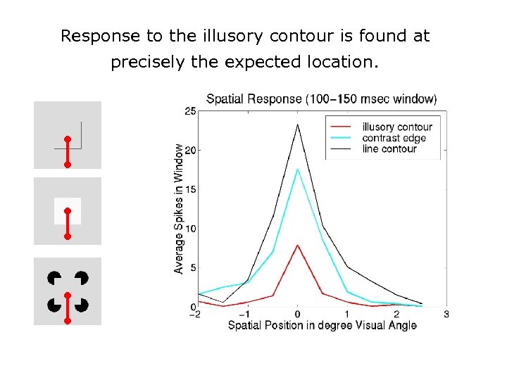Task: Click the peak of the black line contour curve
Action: tap(297, 125)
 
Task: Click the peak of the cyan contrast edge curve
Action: tap(297, 169)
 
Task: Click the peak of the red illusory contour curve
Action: tap(297, 245)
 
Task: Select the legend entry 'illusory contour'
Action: tap(397, 127)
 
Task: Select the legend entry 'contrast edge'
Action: tap(394, 138)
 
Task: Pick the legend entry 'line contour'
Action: tap(389, 148)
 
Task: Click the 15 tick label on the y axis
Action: tap(191, 189)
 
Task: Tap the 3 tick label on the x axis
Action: tap(446, 314)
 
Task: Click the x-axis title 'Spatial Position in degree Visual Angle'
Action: tap(322, 325)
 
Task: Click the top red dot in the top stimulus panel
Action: tap(68, 139)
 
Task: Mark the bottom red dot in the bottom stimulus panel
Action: tap(68, 321)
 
